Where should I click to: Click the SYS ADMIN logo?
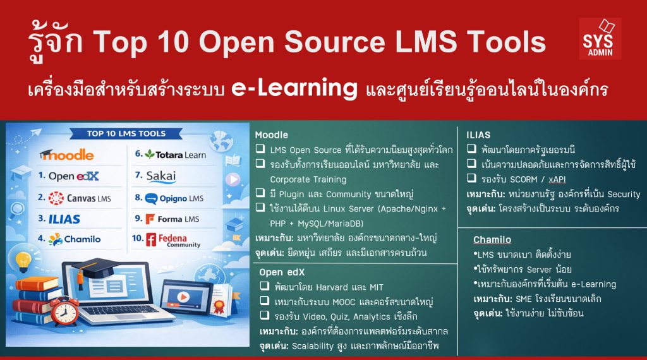click(x=600, y=39)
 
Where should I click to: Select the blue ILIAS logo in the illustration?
click(x=63, y=219)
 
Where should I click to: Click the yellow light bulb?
click(x=23, y=260)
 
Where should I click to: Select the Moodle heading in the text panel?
click(x=272, y=135)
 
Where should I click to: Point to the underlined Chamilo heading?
click(x=492, y=240)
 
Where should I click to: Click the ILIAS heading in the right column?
click(x=478, y=135)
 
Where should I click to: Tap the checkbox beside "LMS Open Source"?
click(x=260, y=150)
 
